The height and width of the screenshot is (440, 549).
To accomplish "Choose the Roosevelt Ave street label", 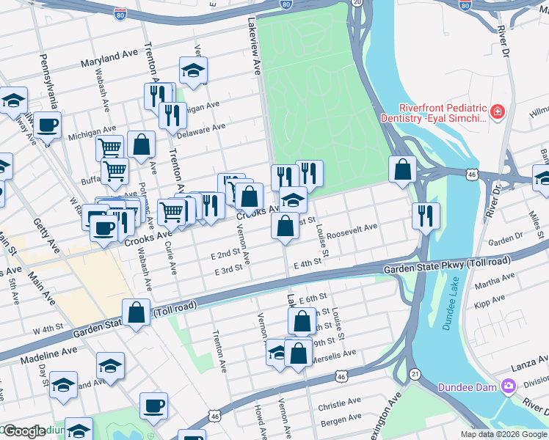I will pyautogui.click(x=352, y=232).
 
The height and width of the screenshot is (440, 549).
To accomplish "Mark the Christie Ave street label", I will pyautogui.click(x=339, y=403).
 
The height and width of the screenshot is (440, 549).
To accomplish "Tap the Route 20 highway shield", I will pyautogui.click(x=357, y=3).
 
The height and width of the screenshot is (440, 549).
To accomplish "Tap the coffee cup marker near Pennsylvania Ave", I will pyautogui.click(x=48, y=125).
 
